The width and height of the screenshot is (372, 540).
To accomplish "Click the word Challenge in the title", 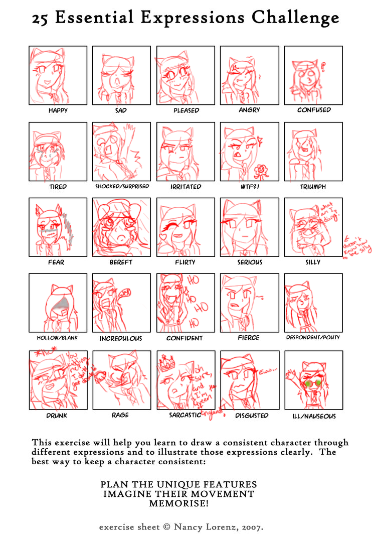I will click(295, 19).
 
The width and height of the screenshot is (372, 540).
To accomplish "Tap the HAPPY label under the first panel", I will click(58, 110).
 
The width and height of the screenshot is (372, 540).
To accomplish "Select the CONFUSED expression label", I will click(313, 110).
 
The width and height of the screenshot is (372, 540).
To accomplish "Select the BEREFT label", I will click(121, 262).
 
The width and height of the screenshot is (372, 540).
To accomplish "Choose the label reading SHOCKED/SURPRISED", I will click(122, 186).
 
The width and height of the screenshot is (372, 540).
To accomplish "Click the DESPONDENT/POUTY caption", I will click(313, 338).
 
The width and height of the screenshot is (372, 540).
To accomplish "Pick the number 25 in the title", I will click(41, 19).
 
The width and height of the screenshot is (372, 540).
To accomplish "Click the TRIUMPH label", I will click(313, 186).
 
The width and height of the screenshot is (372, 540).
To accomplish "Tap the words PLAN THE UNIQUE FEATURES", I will click(179, 485).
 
